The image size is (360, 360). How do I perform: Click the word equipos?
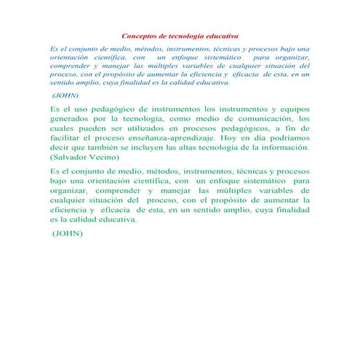(292, 106)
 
